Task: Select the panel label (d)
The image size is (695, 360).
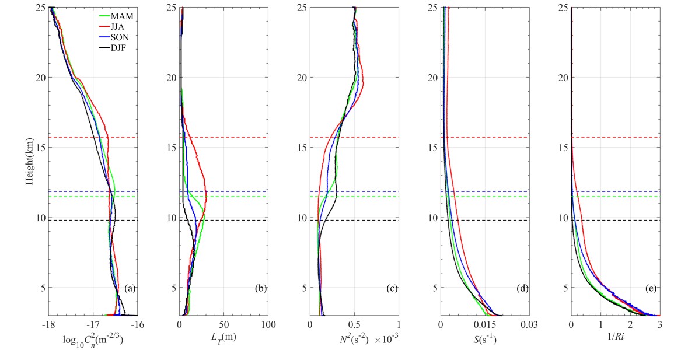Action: point(522,288)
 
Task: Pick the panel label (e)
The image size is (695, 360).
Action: point(652,288)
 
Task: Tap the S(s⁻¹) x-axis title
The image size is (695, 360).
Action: point(485,337)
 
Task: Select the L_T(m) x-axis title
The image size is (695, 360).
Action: point(223,337)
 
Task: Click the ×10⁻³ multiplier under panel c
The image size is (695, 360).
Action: point(383,337)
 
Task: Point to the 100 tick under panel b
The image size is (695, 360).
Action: point(267,324)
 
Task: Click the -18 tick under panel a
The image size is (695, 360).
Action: point(48,324)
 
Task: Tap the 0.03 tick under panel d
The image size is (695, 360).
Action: point(529,324)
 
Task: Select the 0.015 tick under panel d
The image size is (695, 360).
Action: point(485,324)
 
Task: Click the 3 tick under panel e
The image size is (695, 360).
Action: point(659,324)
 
